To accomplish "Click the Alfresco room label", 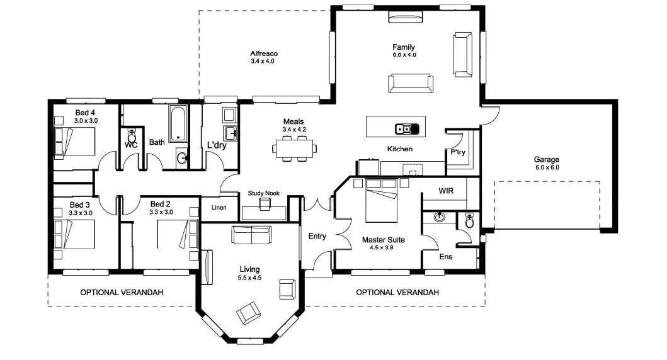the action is coord(264,53).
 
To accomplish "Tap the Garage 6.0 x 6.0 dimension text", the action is coord(547,167).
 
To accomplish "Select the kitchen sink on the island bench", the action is coord(407,129).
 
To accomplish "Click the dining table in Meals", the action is coord(294,149).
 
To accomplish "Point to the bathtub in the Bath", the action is coord(178,124).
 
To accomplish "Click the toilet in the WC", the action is coord(132,137).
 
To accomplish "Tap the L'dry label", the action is coord(217,145).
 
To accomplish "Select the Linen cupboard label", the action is coord(219,208).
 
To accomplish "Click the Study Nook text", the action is coord(264,193).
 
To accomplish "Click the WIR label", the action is coord(446,191).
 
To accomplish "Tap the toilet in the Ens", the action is coord(470,220).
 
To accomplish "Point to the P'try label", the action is coord(458,152).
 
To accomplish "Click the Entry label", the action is coord(317,236).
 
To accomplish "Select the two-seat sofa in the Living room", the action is coord(251,235).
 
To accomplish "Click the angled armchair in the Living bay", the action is coord(248,313).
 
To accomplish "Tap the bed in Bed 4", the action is coord(74,142).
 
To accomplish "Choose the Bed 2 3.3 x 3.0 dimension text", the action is coord(161,213).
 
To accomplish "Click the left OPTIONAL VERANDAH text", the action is coord(122,293).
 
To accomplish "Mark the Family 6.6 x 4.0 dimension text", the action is coord(404,55).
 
